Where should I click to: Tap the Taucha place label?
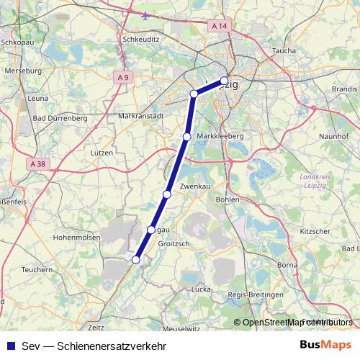coord(285,52)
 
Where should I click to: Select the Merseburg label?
coord(21,72)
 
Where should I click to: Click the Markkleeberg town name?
coord(221,136)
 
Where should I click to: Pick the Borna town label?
coord(287,265)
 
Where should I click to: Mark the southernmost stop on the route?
coord(135,259)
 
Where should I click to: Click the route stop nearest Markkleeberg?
coord(186,137)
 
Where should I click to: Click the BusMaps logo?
coord(325,344)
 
